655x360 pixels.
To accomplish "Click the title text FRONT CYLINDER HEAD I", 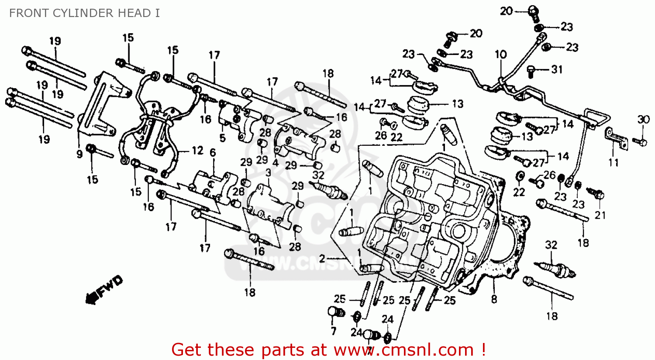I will (x=84, y=13).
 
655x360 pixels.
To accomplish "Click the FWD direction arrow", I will (x=104, y=290).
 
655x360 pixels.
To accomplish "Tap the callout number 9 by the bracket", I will (x=79, y=154).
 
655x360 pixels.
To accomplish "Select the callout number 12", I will (x=197, y=151).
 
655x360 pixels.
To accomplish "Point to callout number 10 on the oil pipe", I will (x=500, y=55).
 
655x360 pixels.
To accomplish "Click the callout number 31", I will (x=557, y=69).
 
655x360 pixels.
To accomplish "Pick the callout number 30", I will (x=644, y=120).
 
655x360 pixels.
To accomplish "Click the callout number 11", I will (x=614, y=163).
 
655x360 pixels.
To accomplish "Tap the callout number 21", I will (x=601, y=215).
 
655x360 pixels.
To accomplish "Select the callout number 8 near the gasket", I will (x=494, y=299).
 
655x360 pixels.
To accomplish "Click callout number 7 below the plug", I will (x=334, y=331).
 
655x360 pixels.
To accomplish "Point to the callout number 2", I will (x=322, y=259).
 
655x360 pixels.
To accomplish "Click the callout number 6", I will (x=213, y=153).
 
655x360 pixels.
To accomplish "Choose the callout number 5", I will (x=222, y=139).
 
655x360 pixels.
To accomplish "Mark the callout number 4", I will (x=275, y=163).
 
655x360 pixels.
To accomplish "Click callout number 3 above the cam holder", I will (x=268, y=173).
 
